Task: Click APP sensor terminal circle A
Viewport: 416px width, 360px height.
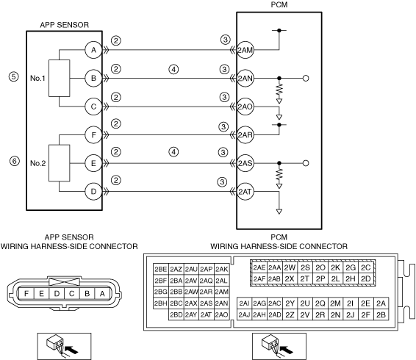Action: [93, 50]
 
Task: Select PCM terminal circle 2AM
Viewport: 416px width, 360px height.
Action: [245, 50]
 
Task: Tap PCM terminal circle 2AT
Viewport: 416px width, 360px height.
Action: [245, 192]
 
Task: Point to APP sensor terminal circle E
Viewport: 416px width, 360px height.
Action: [93, 163]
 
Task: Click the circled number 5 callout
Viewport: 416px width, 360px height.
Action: [14, 76]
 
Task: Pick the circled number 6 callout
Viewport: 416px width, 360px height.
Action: [15, 161]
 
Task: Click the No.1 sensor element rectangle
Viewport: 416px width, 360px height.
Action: [59, 79]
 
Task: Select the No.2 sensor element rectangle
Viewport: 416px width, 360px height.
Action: [59, 163]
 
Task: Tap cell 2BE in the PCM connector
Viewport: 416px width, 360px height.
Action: [161, 270]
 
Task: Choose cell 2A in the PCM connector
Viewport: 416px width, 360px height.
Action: [381, 303]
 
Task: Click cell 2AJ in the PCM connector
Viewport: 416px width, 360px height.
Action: [244, 314]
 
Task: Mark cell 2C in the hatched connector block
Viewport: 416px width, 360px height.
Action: [366, 267]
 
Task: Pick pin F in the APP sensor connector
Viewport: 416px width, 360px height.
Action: [26, 294]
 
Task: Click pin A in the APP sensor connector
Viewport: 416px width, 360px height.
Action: [102, 294]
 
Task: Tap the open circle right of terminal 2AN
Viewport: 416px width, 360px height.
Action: [306, 79]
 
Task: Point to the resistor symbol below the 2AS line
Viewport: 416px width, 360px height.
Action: [279, 174]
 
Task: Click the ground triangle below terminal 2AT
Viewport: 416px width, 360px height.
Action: [279, 212]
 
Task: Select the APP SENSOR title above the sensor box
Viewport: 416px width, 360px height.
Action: [65, 25]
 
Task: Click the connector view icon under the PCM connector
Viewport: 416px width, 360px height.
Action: [279, 347]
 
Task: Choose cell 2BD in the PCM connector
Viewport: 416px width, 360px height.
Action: [176, 314]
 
